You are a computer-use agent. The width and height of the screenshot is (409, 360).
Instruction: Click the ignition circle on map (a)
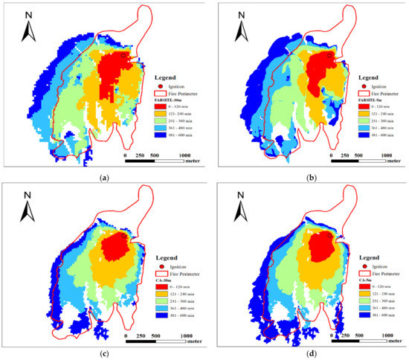pos(124,55)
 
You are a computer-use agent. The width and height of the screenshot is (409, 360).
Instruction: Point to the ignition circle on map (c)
pos(123,235)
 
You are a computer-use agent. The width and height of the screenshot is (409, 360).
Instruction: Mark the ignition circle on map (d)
pos(328,235)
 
